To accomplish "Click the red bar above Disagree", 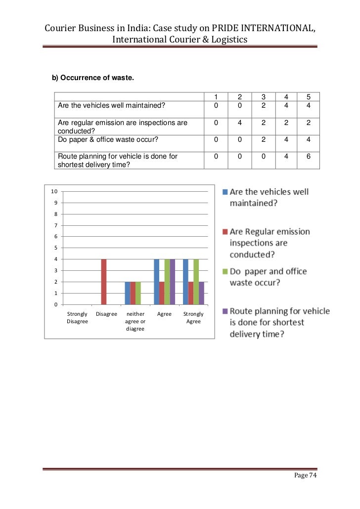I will click(x=104, y=282).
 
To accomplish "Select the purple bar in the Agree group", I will click(x=172, y=282).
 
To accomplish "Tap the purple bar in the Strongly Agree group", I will click(x=201, y=293).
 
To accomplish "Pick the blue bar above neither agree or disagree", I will click(x=128, y=293).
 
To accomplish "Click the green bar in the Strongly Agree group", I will click(x=196, y=282).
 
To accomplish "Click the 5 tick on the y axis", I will click(x=55, y=248).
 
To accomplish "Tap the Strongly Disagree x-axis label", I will click(x=77, y=318).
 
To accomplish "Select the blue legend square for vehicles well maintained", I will click(x=225, y=192).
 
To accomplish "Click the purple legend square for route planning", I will click(x=225, y=311).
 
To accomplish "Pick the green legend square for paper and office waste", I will click(x=225, y=271).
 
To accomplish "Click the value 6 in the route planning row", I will click(x=308, y=157).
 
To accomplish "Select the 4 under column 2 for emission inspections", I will click(x=239, y=123).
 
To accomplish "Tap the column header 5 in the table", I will click(x=308, y=97).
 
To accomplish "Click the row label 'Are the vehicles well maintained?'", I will click(x=111, y=105).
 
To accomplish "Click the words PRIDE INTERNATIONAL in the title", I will click(x=264, y=29).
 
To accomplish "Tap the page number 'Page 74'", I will click(x=305, y=475).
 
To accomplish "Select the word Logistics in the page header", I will click(x=225, y=40).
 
